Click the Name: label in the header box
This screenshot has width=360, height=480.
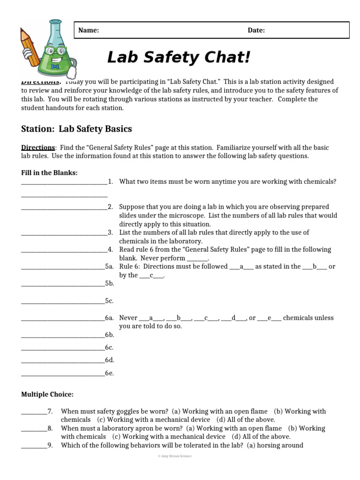coord(88,30)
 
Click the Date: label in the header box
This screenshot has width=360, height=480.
coord(256,30)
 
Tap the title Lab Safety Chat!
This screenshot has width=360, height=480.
coord(179,58)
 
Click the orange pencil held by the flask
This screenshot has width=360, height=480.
coord(30,47)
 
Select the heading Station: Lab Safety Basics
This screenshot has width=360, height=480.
coord(76,128)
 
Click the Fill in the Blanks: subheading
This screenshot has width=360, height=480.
coord(49,173)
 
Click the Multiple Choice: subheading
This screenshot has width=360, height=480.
coord(47,394)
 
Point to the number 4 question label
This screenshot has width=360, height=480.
coord(110,250)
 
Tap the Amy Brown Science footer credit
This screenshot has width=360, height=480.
coord(175,456)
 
